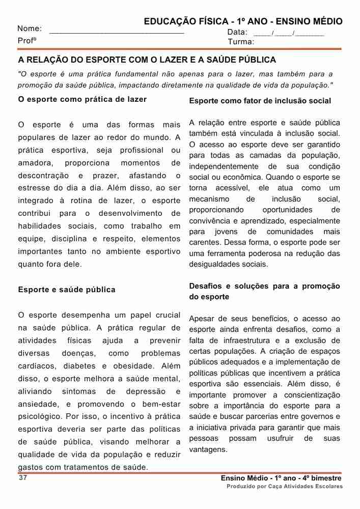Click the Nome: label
click(30, 29)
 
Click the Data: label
click(237, 32)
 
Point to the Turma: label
click(241, 42)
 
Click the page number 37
click(22, 478)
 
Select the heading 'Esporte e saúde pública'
click(67, 290)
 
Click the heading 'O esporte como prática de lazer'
click(82, 99)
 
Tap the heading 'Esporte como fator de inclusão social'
click(260, 101)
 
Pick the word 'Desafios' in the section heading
click(205, 286)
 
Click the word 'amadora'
click(35, 163)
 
